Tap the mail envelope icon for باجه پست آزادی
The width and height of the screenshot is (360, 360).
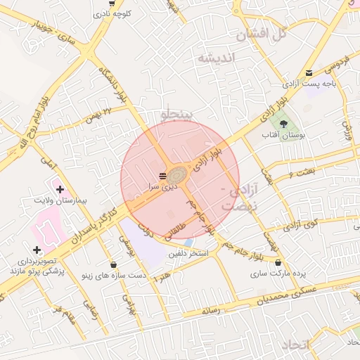tap(309, 73)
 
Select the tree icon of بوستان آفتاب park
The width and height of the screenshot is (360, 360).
tap(283, 124)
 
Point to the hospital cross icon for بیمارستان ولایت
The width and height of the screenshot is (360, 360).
tap(60, 189)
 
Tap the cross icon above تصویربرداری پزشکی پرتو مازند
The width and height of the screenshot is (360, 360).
tap(37, 250)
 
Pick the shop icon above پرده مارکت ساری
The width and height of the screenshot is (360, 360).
tap(279, 262)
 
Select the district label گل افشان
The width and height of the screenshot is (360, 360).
tap(262, 32)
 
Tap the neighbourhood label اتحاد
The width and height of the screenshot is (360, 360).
tap(295, 345)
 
